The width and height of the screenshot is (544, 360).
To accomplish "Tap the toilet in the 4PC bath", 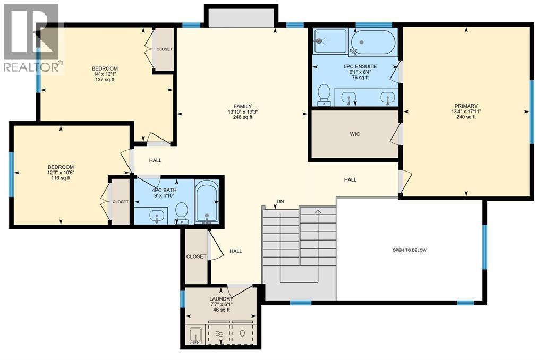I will pyautogui.click(x=182, y=212).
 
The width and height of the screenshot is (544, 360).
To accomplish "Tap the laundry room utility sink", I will pyautogui.click(x=194, y=336).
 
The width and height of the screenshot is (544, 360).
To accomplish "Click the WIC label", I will pyautogui.click(x=355, y=134).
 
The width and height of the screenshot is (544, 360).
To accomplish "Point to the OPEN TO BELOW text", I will pyautogui.click(x=409, y=250).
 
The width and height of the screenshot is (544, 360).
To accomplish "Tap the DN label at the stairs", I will pyautogui.click(x=280, y=202).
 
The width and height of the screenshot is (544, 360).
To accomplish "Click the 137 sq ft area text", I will pyautogui.click(x=105, y=80).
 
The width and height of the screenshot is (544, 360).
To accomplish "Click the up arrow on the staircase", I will pyautogui.click(x=318, y=212).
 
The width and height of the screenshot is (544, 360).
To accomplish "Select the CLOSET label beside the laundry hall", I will pyautogui.click(x=195, y=256).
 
